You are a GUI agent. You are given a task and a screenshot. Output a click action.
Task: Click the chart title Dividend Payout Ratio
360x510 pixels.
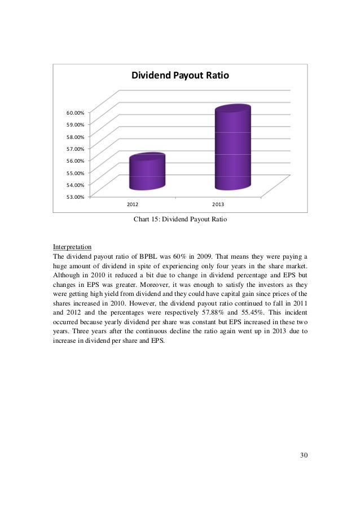click(x=180, y=76)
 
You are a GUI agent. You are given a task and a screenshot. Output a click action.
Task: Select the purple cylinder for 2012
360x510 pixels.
click(x=147, y=172)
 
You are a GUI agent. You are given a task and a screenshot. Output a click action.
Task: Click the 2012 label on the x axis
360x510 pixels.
click(x=133, y=203)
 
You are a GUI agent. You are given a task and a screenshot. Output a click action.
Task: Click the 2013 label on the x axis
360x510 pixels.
click(x=218, y=203)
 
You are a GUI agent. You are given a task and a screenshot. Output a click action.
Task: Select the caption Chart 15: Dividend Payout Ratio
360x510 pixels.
click(x=179, y=220)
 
